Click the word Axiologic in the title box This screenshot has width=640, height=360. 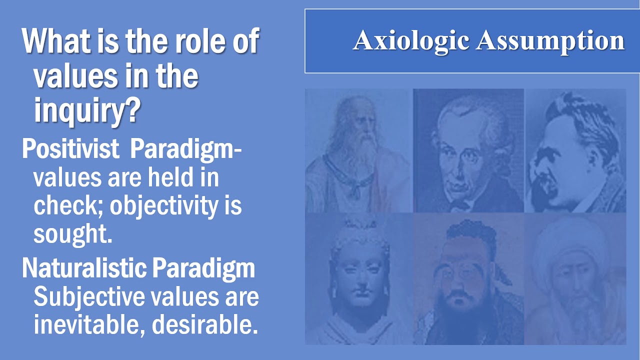click(411, 41)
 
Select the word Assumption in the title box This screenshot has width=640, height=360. click(550, 41)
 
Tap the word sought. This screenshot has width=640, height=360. click(72, 234)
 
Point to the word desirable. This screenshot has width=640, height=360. click(205, 325)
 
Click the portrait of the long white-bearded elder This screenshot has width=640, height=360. click(358, 150)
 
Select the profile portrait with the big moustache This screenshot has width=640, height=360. click(575, 150)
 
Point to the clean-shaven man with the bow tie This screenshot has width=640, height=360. click(468, 150)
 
